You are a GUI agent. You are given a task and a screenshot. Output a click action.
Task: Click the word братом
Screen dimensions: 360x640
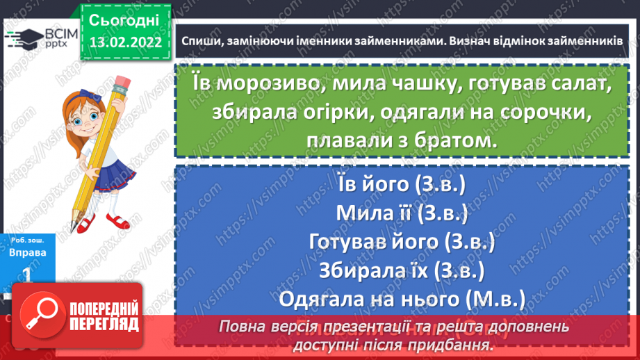coord(450,142)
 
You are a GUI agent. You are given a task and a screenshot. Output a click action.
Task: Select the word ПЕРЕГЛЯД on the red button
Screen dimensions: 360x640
coord(104,324)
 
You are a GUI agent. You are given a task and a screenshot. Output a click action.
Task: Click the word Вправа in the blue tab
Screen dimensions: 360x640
coord(28,252)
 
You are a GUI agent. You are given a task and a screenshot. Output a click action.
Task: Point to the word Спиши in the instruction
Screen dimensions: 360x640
coord(202,42)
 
